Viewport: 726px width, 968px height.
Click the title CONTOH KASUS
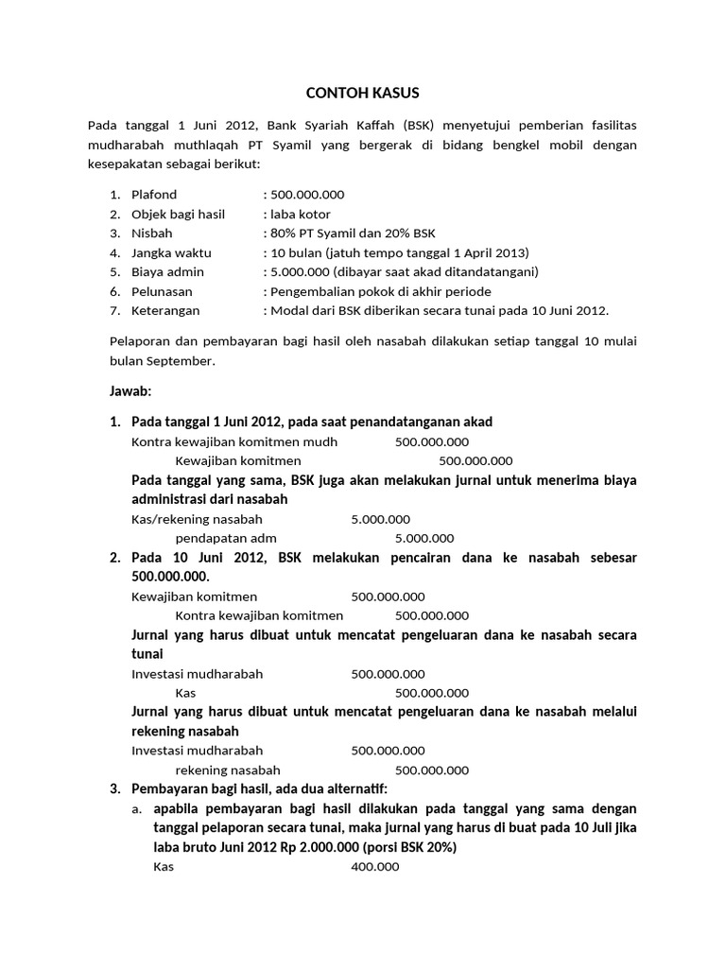click(362, 93)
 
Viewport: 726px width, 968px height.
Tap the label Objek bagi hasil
click(178, 214)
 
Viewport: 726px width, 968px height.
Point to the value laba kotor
click(300, 214)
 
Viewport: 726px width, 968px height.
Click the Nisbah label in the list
click(151, 233)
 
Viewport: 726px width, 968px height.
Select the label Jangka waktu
click(171, 252)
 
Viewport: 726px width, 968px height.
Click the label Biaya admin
click(167, 271)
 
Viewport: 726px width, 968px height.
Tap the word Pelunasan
click(161, 290)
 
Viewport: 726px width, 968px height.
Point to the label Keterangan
click(165, 309)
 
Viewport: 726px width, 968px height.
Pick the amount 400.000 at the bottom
click(374, 867)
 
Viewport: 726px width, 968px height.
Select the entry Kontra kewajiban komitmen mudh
click(233, 441)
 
